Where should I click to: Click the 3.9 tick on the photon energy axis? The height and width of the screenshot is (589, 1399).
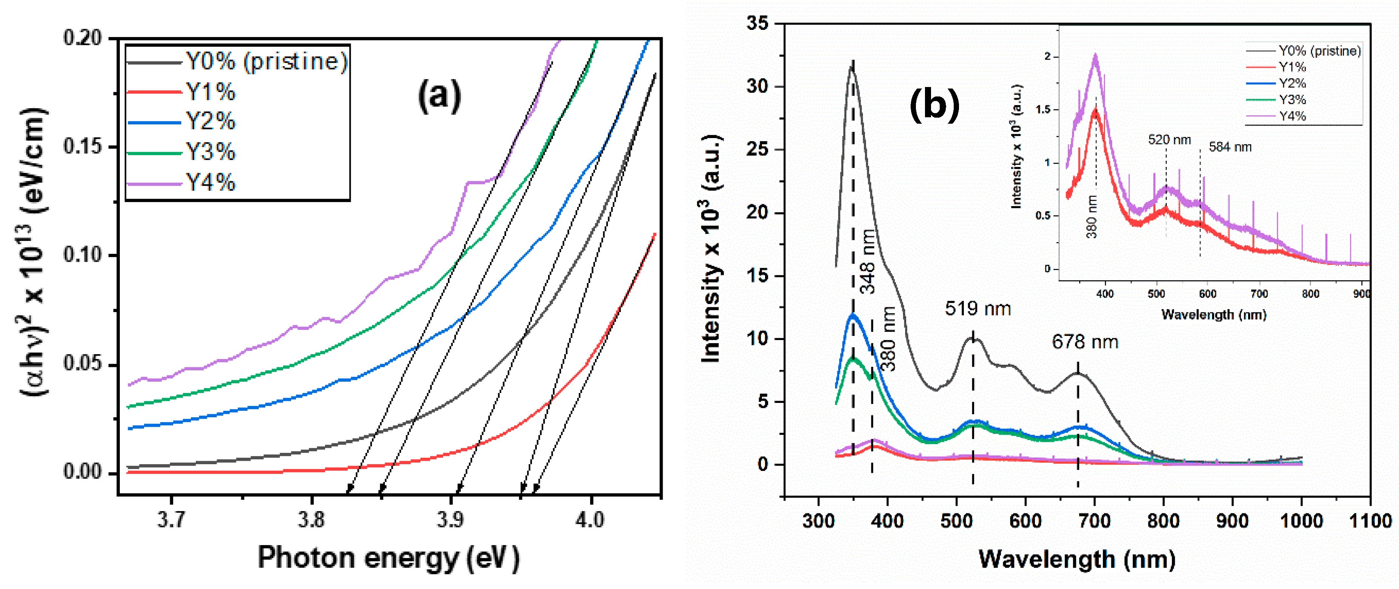pos(451,520)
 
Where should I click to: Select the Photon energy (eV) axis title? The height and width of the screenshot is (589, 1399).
pos(388,558)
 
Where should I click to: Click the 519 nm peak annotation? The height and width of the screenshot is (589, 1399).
pos(978,309)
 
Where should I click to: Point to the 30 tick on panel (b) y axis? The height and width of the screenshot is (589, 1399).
pos(758,86)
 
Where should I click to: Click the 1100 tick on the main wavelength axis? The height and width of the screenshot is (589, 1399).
pos(1370,521)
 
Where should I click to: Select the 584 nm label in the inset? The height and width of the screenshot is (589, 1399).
pos(1230,147)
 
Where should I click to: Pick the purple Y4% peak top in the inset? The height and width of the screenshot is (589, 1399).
pos(1095,56)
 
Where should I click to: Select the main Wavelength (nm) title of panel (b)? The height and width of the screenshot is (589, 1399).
pos(1077,559)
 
